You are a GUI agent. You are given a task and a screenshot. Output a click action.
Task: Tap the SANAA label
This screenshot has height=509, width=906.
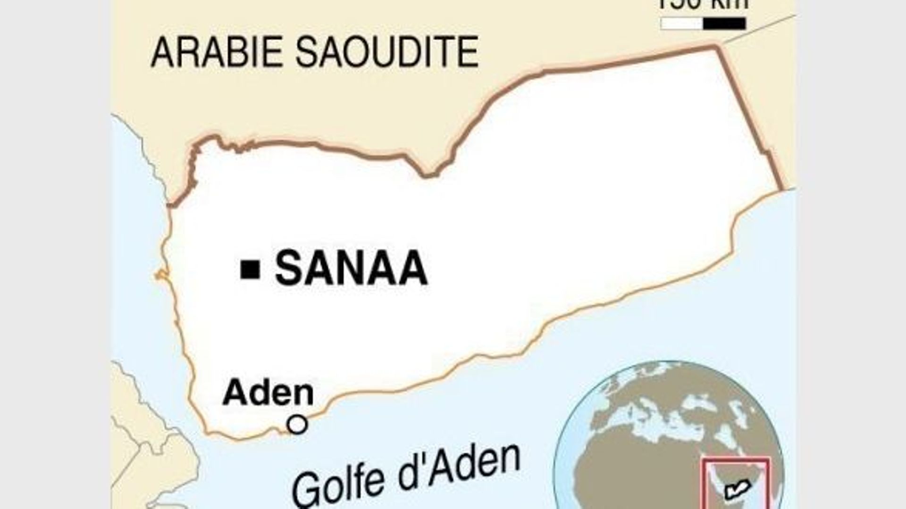[351, 269]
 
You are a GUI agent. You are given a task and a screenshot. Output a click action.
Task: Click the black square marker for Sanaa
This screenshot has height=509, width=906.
[250, 269]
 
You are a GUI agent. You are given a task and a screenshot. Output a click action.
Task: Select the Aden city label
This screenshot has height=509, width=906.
[268, 393]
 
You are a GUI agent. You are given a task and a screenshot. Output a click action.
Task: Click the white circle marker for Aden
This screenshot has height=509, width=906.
[297, 425]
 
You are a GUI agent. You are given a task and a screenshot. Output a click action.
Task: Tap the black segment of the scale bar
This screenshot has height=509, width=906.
[724, 24]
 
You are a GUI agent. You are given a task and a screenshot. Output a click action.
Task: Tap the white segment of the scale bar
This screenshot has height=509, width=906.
[682, 24]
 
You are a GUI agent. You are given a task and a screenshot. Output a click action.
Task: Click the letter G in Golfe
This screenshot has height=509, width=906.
[307, 491]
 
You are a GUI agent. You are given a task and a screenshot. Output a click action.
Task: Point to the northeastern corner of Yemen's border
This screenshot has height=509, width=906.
[718, 46]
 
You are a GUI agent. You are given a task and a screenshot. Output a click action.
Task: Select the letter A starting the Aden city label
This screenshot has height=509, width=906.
[235, 393]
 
